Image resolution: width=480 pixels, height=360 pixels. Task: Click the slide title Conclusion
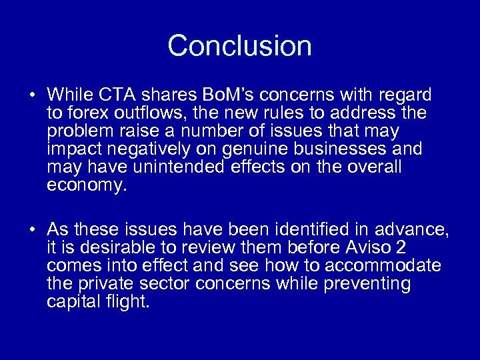click(x=240, y=46)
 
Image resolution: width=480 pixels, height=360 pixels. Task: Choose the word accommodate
click(x=385, y=266)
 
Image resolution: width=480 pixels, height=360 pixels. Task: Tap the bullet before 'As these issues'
click(x=32, y=230)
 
